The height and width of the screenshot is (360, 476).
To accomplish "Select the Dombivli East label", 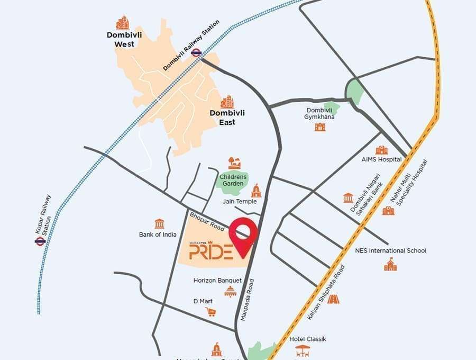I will (x=223, y=118).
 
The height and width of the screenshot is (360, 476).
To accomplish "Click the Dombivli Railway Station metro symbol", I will (x=196, y=52).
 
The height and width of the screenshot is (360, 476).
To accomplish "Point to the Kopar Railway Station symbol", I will (x=40, y=241).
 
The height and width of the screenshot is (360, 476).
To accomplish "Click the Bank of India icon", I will (x=159, y=223).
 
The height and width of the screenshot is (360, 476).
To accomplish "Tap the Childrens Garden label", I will (x=233, y=179).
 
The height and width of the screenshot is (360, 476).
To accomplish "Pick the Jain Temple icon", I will (x=257, y=191).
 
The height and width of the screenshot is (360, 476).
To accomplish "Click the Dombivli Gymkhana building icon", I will (x=320, y=127).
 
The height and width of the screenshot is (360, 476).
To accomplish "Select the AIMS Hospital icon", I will (x=381, y=150).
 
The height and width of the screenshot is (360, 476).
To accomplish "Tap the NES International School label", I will (x=390, y=250).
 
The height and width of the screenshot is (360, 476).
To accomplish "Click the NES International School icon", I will (x=390, y=264).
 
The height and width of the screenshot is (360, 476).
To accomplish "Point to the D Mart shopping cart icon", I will (x=210, y=312).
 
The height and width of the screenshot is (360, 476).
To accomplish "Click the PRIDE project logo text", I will (x=210, y=250).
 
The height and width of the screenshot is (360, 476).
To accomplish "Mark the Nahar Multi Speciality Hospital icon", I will (x=388, y=211).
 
